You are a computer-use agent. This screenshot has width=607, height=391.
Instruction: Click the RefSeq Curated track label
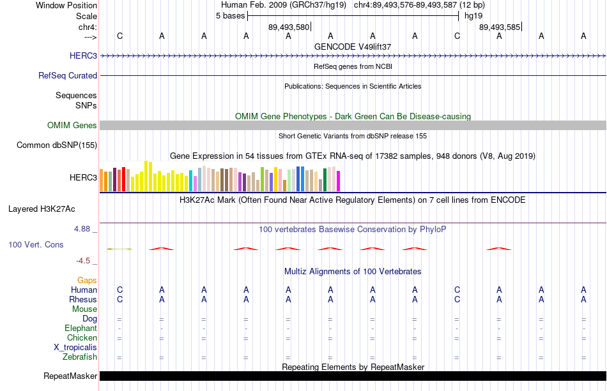68,76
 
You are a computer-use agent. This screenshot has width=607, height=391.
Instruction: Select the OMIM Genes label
72,125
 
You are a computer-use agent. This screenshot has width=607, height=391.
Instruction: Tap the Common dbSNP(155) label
57,145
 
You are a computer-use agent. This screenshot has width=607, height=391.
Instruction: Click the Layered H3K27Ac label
42,209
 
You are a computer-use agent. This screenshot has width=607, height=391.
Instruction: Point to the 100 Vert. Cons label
36,244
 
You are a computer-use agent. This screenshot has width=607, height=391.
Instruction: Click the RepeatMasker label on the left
70,376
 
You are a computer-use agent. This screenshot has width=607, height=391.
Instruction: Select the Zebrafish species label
80,357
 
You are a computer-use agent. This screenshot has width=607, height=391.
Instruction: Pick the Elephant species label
81,328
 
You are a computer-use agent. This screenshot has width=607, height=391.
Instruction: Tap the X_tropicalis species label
75,348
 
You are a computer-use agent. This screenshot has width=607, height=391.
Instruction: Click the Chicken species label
82,337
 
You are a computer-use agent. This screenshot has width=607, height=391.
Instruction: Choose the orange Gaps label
87,280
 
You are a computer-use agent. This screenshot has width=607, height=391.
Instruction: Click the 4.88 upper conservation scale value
82,229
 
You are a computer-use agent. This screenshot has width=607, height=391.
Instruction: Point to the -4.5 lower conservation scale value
83,261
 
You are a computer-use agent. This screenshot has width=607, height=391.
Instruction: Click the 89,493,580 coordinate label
289,27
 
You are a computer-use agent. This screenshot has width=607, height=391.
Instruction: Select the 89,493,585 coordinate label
500,27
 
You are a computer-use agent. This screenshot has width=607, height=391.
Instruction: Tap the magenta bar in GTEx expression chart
339,181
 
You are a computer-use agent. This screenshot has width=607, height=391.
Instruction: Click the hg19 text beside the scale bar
473,16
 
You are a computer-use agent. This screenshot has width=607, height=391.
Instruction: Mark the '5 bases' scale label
230,16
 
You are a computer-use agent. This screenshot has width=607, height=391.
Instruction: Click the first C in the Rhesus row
119,299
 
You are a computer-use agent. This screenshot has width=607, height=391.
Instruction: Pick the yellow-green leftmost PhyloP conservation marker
119,249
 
